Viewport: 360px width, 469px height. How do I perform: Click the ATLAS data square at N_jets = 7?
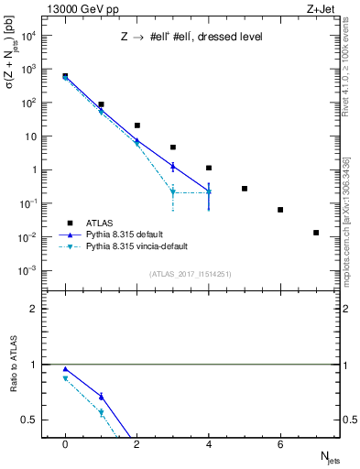point(316,233)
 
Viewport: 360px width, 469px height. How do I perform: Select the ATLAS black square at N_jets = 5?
point(245,189)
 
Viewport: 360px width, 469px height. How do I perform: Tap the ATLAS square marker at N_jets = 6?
point(280,210)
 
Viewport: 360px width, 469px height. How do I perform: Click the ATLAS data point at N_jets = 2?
point(136,125)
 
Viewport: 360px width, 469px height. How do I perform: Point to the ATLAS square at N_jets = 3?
point(173,147)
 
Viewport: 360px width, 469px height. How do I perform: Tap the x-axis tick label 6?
point(280,443)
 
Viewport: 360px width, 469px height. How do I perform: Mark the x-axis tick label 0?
point(65,443)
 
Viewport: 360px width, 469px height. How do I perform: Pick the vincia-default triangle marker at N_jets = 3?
point(173,192)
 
